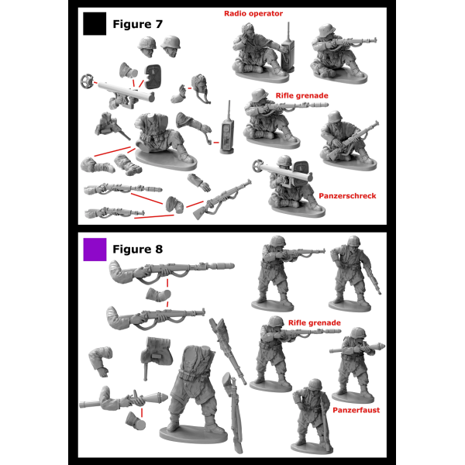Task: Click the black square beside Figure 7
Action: [95, 24]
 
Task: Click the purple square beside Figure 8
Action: [95, 250]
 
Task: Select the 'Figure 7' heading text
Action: [138, 24]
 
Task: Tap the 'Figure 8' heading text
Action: [138, 249]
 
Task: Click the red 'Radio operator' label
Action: [253, 14]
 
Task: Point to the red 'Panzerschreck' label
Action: [347, 196]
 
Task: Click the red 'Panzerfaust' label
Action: [356, 410]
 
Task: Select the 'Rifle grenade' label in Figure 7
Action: [302, 96]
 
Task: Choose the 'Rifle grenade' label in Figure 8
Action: [315, 323]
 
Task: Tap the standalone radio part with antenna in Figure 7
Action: [227, 130]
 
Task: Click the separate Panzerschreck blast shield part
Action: [153, 77]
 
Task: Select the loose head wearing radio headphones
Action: [201, 88]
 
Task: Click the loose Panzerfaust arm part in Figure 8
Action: [123, 399]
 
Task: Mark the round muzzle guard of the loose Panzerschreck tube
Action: [87, 81]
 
